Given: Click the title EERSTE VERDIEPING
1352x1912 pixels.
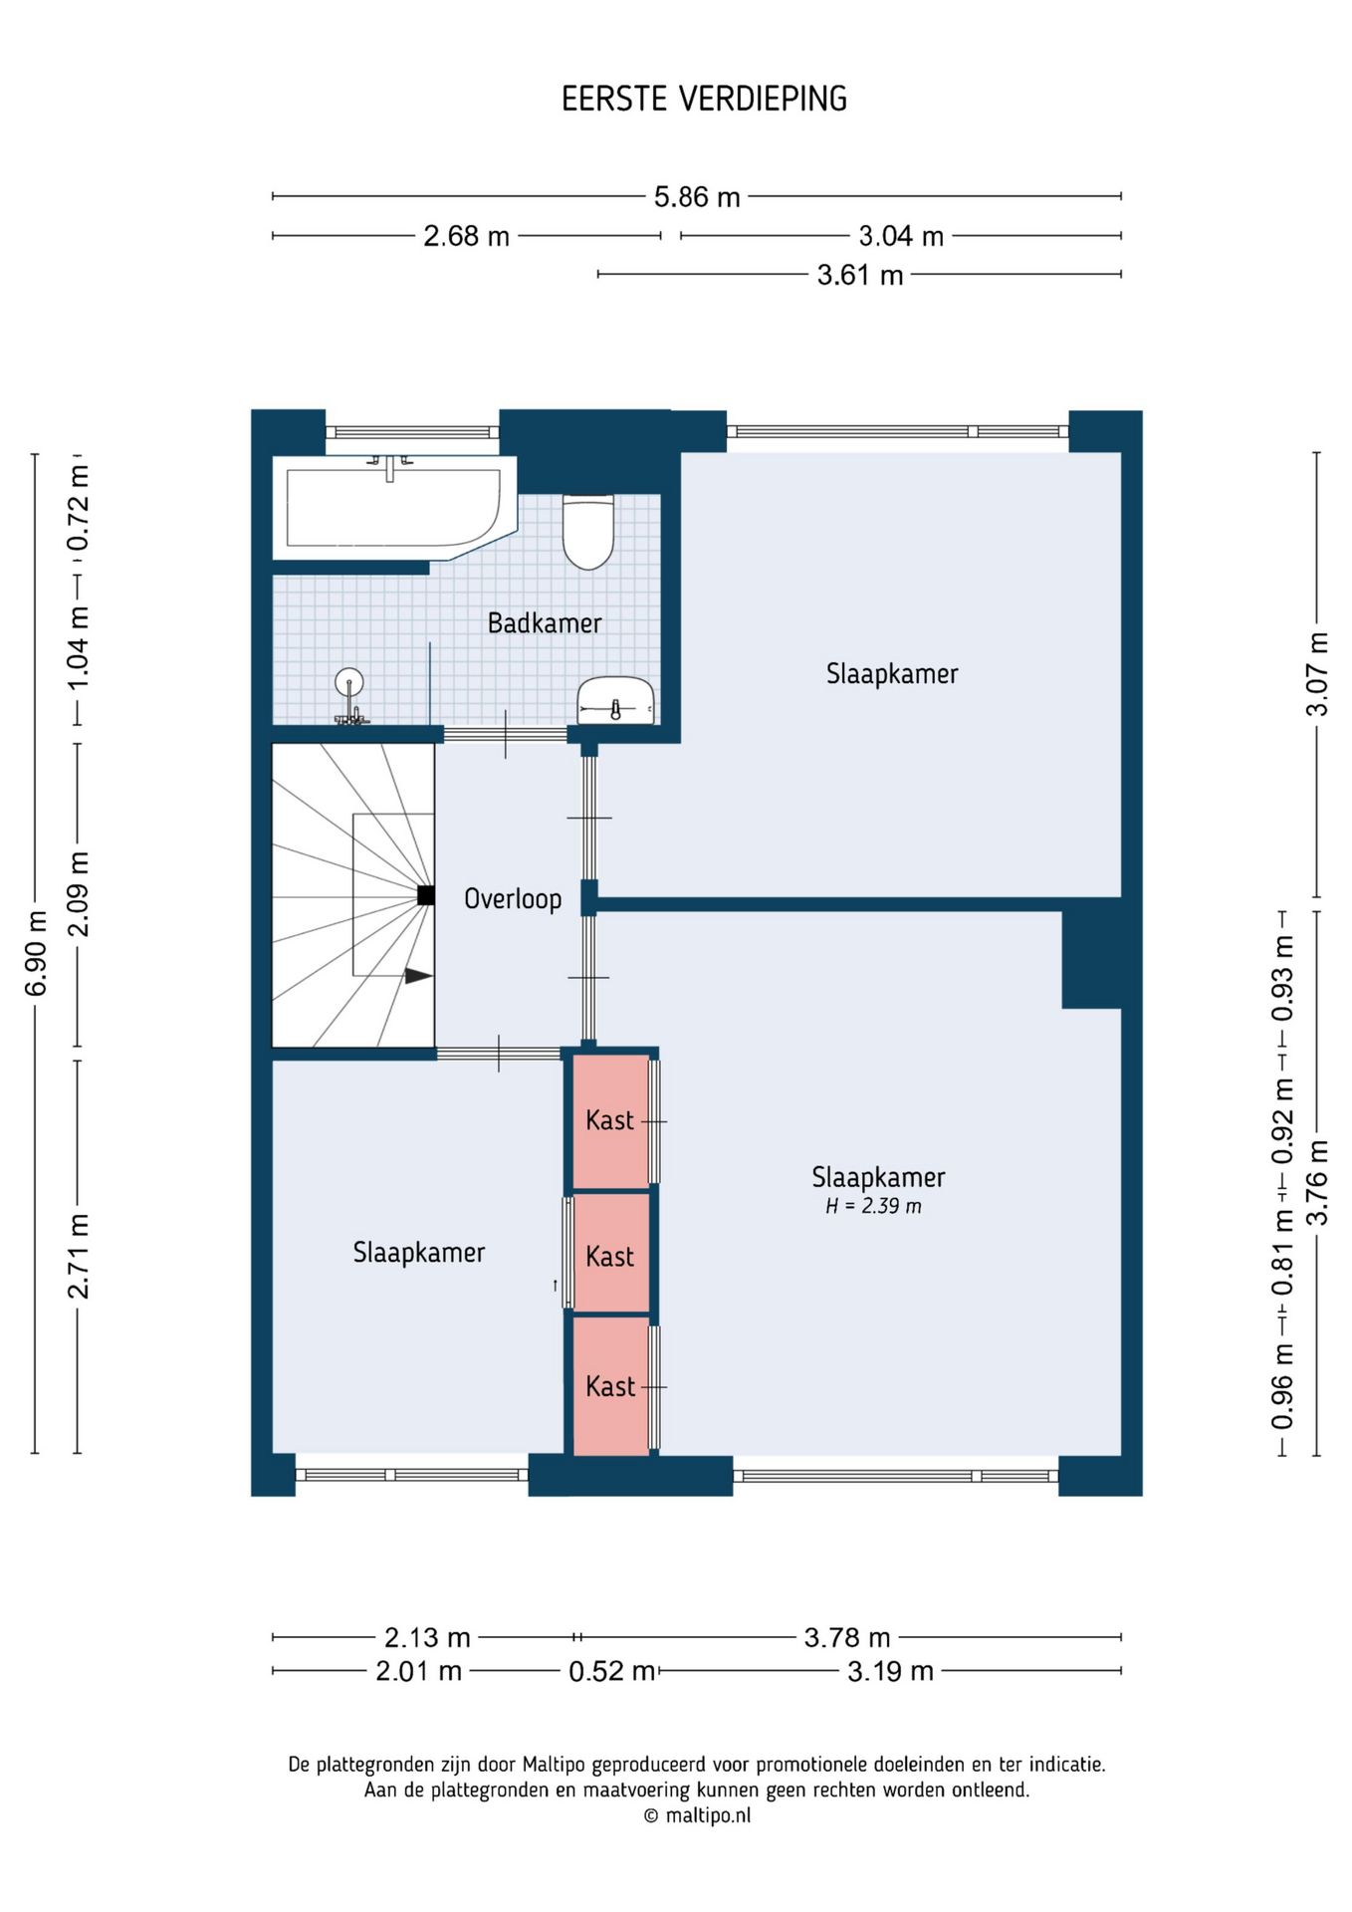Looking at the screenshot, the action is coord(704,99).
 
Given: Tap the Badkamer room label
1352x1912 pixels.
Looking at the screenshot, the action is coord(545,623).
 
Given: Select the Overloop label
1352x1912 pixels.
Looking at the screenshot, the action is coord(513,899).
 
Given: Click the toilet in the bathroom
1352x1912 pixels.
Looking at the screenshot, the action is coord(588,531).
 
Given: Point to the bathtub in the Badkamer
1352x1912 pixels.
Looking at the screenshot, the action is coord(395,506).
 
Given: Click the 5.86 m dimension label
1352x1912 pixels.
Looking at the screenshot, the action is coord(697,197).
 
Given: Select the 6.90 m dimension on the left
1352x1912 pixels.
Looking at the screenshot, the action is coord(36,953).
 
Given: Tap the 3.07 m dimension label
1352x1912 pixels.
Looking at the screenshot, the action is coord(1317,674).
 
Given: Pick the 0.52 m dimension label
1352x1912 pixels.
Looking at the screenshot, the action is coord(611,1671).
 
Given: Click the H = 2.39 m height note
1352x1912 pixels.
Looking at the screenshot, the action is coord(873,1206).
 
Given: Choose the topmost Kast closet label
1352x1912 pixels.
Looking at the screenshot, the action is coord(609,1120).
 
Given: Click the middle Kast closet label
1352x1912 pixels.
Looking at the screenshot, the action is coord(609,1257).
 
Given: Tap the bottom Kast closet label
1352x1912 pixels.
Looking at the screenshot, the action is coord(609,1386).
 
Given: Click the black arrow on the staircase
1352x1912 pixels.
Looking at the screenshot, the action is coord(418,976).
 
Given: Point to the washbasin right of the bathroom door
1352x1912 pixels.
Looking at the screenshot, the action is coord(615,701).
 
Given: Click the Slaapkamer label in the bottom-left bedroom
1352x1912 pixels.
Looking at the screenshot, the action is coord(419,1252).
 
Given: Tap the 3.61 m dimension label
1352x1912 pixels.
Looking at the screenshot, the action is coord(860,275).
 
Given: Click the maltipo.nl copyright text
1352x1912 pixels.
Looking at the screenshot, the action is coord(697,1815).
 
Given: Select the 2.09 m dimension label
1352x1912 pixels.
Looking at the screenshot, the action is coord(78,893).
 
